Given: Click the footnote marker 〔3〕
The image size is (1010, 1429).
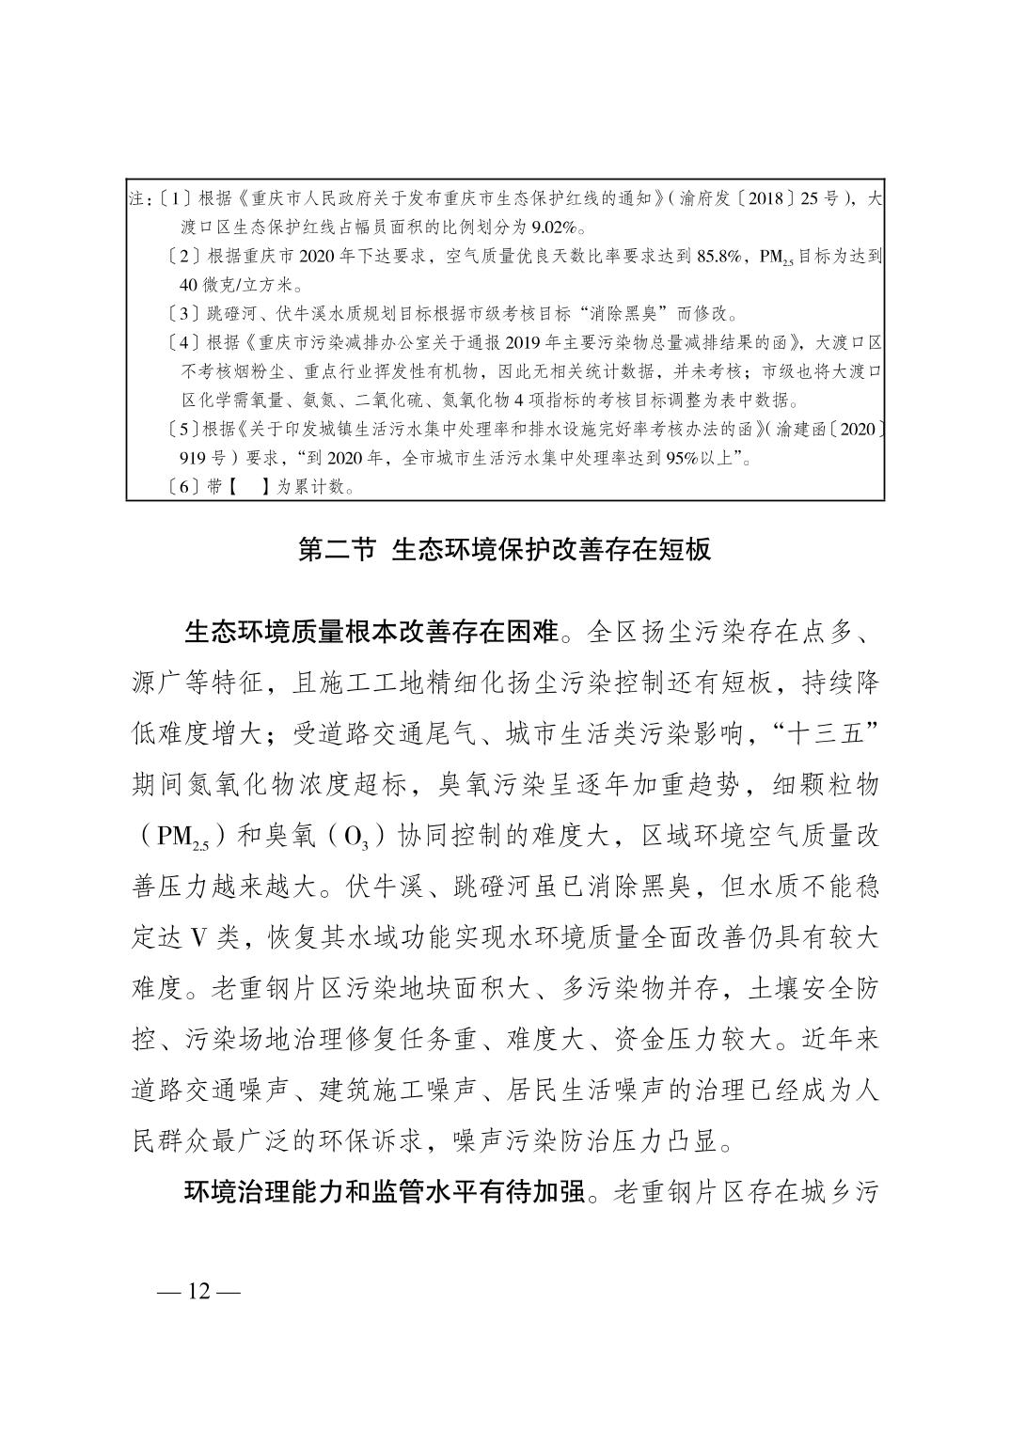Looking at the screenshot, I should pyautogui.click(x=180, y=313).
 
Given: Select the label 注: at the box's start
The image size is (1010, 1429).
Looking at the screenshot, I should pyautogui.click(x=138, y=200).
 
